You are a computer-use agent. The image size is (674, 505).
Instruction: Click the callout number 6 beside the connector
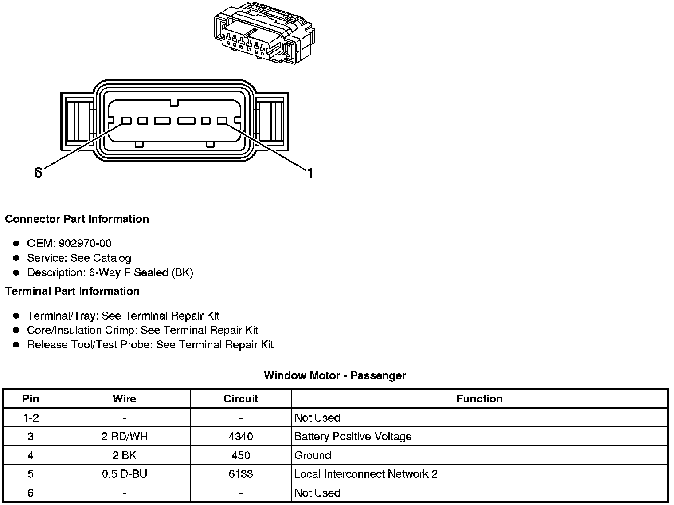pos(38,173)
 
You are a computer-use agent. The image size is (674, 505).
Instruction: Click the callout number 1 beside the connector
pos(310,173)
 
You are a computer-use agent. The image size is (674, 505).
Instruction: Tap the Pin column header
pos(31,398)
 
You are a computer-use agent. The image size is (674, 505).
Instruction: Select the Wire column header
pos(124,398)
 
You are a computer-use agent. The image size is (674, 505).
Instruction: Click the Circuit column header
pos(241,398)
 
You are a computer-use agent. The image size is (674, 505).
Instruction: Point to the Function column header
pos(479,398)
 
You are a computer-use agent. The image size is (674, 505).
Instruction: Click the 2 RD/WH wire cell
pos(124,436)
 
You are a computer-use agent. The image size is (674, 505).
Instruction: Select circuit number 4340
pos(241,436)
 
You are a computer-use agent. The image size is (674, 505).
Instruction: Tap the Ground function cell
pos(313,455)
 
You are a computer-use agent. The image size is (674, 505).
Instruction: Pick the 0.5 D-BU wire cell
pos(124,474)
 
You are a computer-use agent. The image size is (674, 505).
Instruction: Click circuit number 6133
pos(241,474)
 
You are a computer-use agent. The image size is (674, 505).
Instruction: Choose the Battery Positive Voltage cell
pos(353,436)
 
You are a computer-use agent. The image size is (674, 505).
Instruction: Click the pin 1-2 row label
pos(31,418)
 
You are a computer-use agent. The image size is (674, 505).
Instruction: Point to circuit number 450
pos(241,455)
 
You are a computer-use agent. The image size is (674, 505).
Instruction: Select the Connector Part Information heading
pos(77,219)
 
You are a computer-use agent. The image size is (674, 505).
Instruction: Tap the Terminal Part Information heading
pos(72,291)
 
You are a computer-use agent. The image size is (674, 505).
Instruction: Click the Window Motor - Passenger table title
pos(335,375)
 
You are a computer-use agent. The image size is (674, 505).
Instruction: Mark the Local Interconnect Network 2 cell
pos(366,474)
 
